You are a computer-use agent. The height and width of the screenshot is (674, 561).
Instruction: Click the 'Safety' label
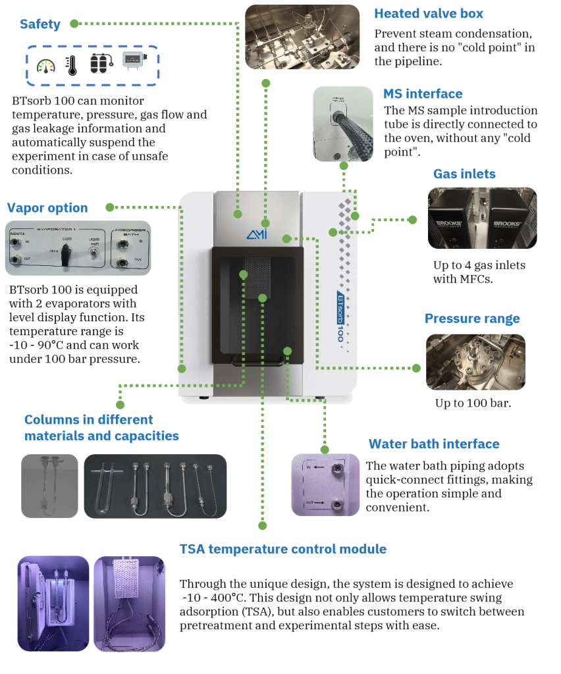point(41,25)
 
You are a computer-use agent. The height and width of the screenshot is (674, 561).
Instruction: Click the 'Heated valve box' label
point(429,13)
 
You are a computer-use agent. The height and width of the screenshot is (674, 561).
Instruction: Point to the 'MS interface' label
point(421,94)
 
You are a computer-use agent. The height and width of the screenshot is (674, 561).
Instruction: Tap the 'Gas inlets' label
point(464,174)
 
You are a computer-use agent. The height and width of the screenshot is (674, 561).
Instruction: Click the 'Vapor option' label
point(47,208)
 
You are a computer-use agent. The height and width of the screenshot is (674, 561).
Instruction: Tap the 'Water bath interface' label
point(434,444)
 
